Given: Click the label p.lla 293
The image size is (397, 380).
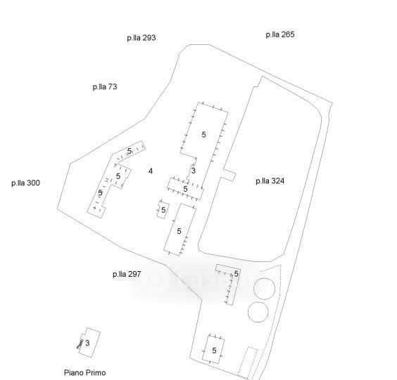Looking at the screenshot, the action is pyautogui.click(x=141, y=38).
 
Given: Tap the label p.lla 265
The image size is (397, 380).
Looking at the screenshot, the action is pyautogui.click(x=280, y=34).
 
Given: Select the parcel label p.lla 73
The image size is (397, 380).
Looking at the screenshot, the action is pyautogui.click(x=105, y=87).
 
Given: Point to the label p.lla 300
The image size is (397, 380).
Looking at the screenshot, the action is pyautogui.click(x=25, y=183).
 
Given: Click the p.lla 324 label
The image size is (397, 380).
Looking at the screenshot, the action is pyautogui.click(x=270, y=181).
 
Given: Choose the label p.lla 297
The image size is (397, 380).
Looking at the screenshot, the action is pyautogui.click(x=127, y=274).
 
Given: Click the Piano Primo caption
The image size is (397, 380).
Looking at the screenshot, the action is pyautogui.click(x=84, y=373).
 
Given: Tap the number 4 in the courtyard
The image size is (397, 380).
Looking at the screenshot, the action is pyautogui.click(x=151, y=171).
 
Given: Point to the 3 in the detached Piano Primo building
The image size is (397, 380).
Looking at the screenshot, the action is pyautogui.click(x=87, y=343).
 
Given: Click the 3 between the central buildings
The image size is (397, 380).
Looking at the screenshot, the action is pyautogui.click(x=194, y=171).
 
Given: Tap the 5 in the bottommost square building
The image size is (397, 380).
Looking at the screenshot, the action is pyautogui.click(x=214, y=350).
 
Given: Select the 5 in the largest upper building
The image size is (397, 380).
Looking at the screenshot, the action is pyautogui.click(x=204, y=135).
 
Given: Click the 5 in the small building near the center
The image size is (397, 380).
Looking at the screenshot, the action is pyautogui.click(x=163, y=210).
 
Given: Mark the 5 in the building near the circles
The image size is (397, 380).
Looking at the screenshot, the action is pyautogui.click(x=237, y=274).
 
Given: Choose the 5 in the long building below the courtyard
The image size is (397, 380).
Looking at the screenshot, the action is pyautogui.click(x=179, y=231).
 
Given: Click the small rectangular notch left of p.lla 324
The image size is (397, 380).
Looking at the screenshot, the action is pyautogui.click(x=229, y=175).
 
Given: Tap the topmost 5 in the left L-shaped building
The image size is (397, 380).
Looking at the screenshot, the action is pyautogui.click(x=130, y=151).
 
